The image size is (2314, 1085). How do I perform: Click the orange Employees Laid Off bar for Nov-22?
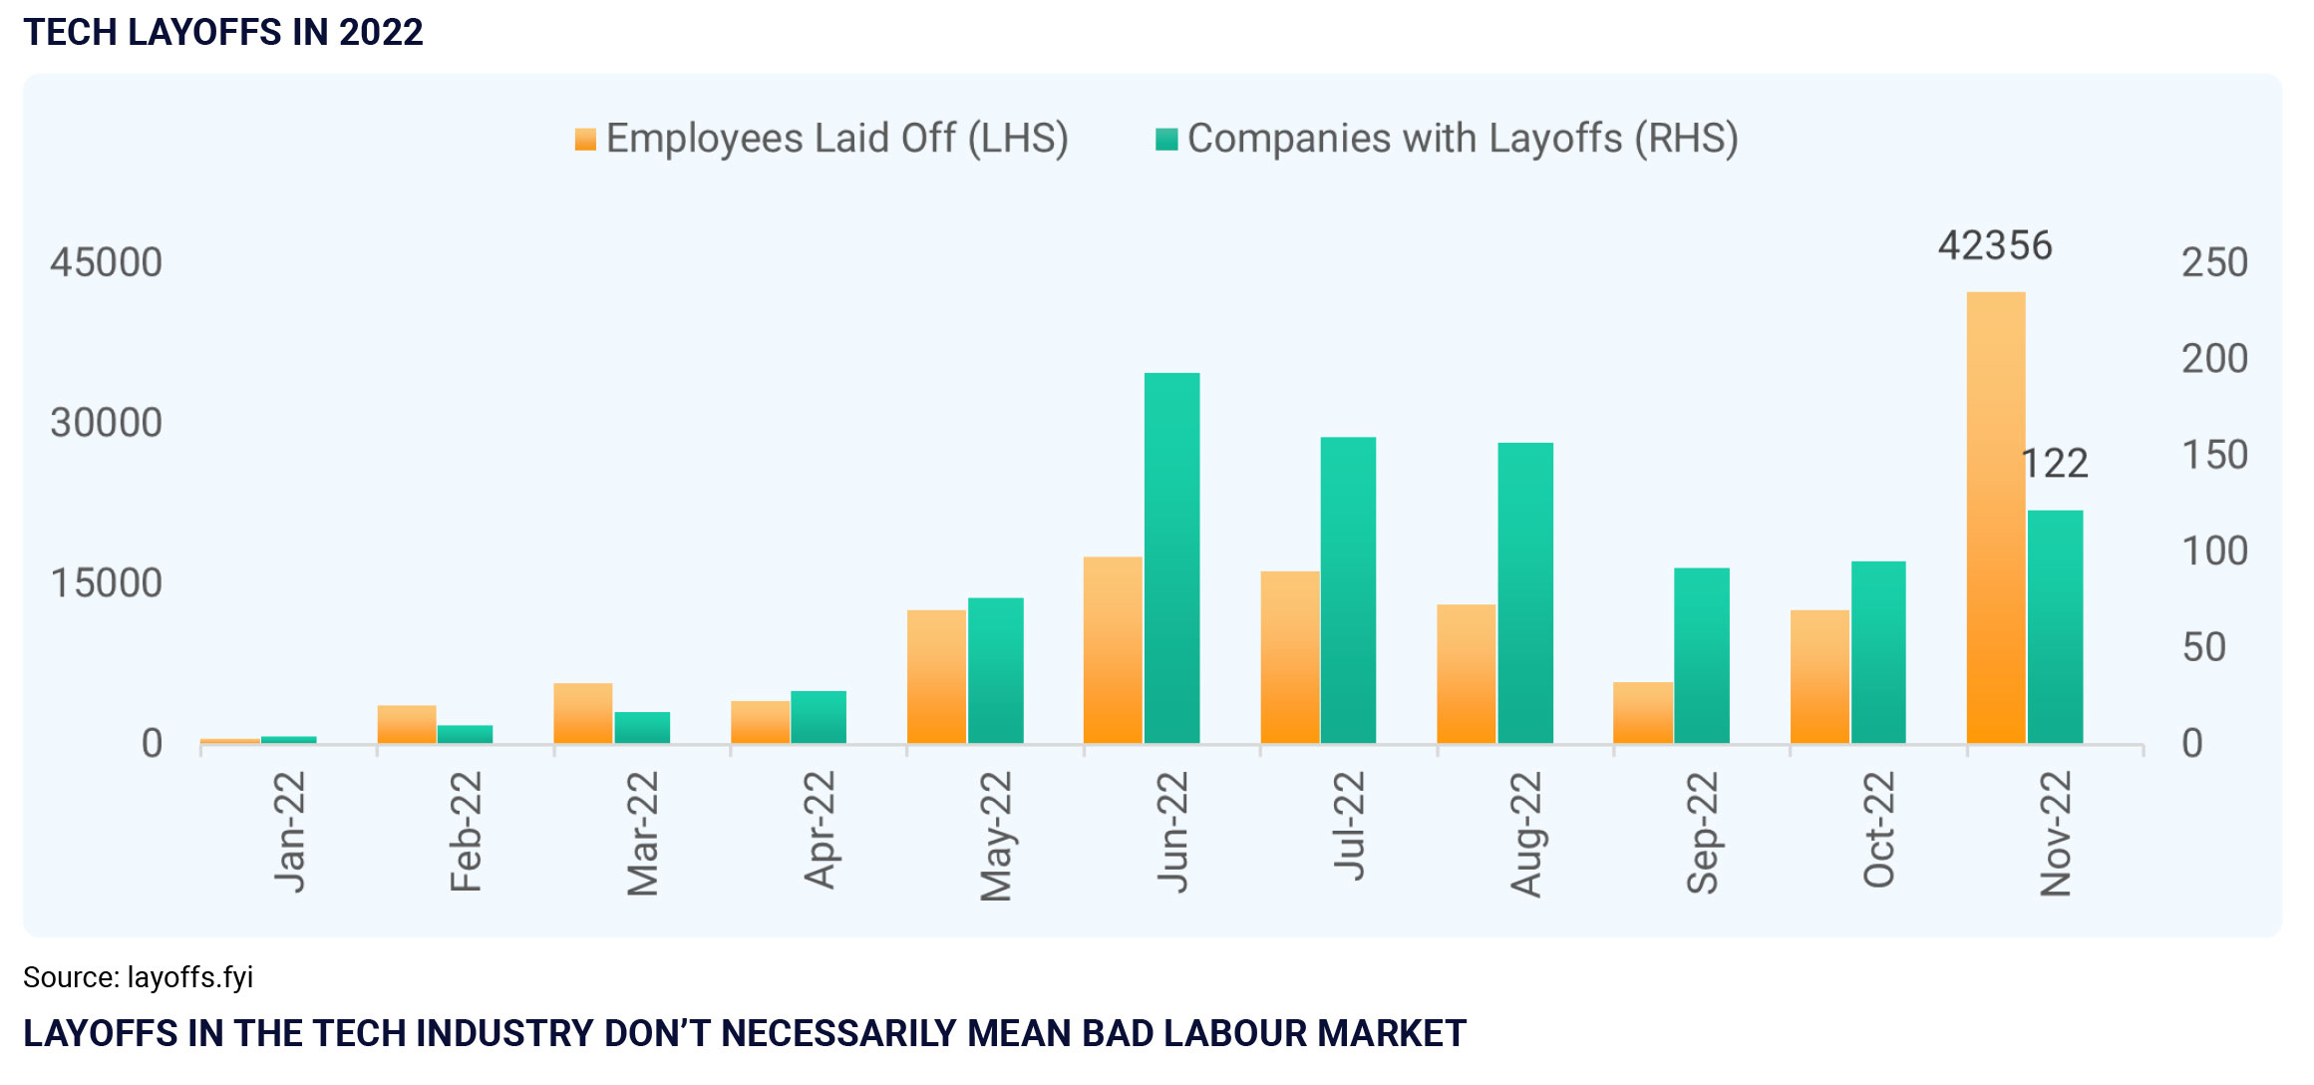click(1995, 518)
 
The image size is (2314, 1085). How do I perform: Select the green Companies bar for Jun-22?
click(1171, 558)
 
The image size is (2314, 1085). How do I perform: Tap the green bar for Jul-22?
click(1348, 590)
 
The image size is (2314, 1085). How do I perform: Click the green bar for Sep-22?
click(1701, 655)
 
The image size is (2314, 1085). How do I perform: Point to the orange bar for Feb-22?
click(407, 724)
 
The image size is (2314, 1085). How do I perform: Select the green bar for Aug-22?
click(1524, 592)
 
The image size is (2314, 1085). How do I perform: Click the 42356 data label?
click(1994, 245)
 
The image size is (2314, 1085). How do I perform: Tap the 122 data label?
click(2055, 464)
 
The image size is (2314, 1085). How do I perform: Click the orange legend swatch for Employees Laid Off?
click(585, 140)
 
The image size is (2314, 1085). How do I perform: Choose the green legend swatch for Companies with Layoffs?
click(1165, 140)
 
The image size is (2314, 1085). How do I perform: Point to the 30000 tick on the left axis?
click(107, 423)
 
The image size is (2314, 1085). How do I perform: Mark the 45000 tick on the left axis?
click(107, 262)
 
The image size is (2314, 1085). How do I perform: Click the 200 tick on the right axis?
click(2214, 359)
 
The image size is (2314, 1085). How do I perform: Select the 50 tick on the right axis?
click(2203, 647)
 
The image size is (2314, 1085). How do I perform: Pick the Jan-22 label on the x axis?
click(290, 832)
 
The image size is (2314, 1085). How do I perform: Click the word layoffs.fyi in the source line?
click(190, 977)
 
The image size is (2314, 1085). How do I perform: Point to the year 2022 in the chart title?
click(381, 32)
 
